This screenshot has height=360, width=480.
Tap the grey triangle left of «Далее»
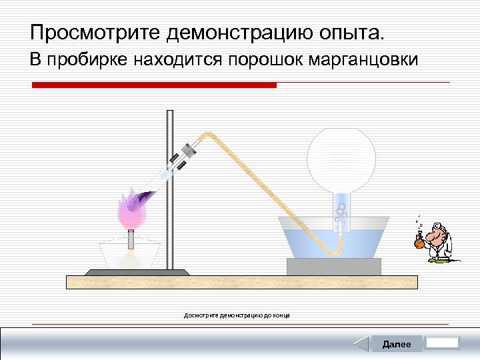coord(361,344)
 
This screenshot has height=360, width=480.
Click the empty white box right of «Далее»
coord(443,343)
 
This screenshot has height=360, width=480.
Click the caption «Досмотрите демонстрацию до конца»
coord(237,315)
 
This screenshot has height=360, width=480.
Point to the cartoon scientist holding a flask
coord(435,241)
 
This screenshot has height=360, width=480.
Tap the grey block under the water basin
coord(333,266)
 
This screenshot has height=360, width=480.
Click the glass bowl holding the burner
coord(129,255)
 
